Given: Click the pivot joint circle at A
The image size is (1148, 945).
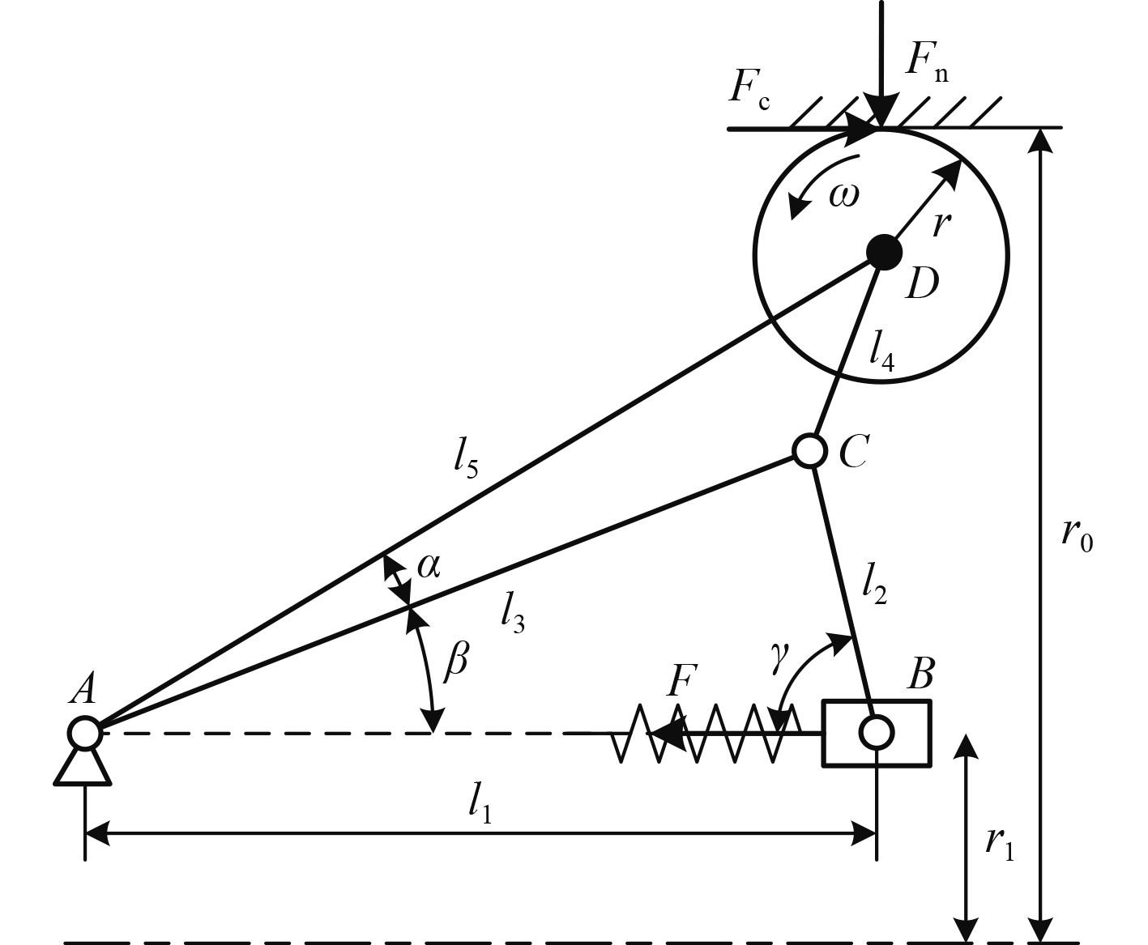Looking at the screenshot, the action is coord(84,733).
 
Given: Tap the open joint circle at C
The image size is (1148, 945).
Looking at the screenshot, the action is coord(809,450).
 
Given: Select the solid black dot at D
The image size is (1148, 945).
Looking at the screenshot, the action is coord(883,252).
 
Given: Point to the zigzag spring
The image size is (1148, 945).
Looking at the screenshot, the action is coord(705,733).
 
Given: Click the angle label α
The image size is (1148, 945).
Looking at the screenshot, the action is coord(429,566).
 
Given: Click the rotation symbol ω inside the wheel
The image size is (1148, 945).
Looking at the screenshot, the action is coord(843,195).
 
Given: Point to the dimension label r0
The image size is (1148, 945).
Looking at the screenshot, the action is coord(1078,535).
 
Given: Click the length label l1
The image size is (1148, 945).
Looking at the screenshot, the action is coord(480,804).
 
